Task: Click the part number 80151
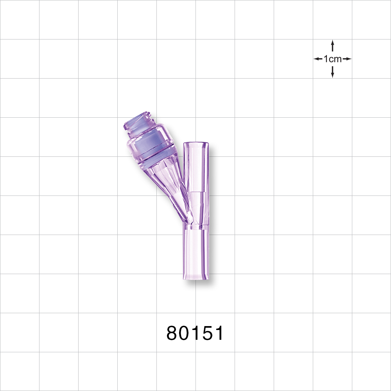coord(195,333)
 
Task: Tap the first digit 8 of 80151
coord(172,333)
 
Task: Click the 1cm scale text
coord(332,59)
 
